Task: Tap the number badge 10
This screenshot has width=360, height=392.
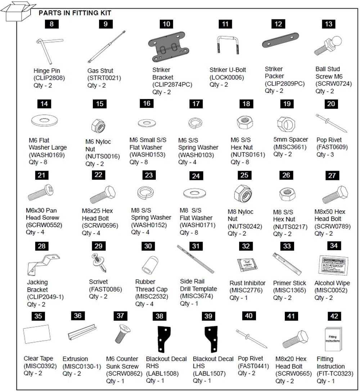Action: coord(166,24)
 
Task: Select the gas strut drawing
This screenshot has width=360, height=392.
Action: coord(107,47)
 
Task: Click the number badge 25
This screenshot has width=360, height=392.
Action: coord(244,175)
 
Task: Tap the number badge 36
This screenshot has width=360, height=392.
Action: coord(78,316)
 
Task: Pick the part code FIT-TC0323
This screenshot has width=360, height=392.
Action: coord(335,374)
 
